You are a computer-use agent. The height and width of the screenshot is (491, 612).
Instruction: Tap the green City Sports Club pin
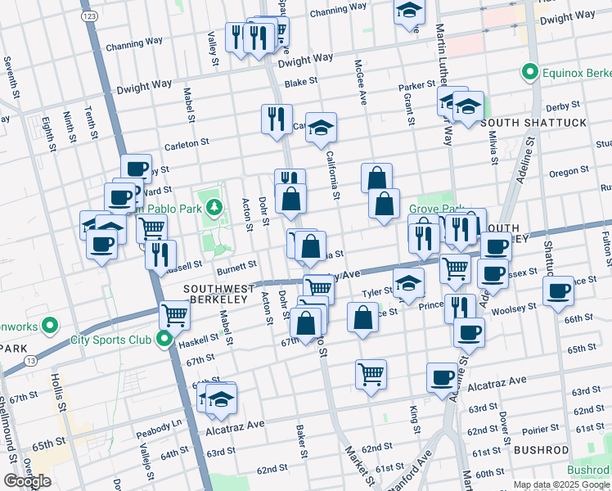coord(164,339)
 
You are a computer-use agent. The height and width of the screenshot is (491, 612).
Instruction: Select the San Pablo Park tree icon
coord(214,207)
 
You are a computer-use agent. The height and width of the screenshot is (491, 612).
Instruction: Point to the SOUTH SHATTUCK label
coord(535,123)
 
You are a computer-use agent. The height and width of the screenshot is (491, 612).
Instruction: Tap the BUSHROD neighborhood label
coord(541,450)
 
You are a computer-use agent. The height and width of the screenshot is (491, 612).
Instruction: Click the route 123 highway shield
coord(90,16)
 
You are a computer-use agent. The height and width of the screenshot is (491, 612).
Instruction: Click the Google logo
coord(27,481)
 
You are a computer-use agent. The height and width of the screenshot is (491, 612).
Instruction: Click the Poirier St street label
coord(538,428)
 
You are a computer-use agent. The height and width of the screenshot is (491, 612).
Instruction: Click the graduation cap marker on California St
coord(322,127)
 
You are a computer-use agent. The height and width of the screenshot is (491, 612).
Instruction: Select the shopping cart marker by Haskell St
coord(174,313)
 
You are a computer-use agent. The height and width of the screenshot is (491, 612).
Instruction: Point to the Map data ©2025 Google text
coord(560,484)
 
